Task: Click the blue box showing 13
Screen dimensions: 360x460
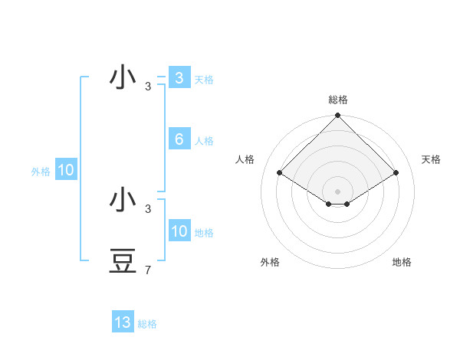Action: (123, 322)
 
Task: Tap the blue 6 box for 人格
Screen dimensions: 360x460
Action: (179, 139)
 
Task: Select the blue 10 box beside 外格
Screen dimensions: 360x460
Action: (66, 171)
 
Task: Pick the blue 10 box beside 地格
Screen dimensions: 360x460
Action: (179, 231)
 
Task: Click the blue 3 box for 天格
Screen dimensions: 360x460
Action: (179, 78)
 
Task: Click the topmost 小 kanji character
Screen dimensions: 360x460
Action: (123, 78)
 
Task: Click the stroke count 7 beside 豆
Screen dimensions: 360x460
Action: (148, 270)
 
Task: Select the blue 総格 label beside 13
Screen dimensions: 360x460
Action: (147, 324)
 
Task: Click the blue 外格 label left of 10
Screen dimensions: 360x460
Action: (41, 172)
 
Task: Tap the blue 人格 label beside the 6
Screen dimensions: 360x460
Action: (204, 141)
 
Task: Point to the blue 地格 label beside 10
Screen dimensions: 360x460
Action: (204, 233)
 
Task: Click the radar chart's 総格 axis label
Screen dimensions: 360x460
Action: (337, 100)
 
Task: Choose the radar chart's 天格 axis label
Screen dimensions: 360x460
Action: (431, 159)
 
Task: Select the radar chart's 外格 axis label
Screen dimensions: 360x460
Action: (269, 262)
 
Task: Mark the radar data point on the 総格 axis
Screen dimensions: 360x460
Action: (337, 116)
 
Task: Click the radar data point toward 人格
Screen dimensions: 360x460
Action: (280, 172)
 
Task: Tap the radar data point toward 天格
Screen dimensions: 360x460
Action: (396, 172)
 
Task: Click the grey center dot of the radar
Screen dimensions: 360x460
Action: (337, 191)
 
